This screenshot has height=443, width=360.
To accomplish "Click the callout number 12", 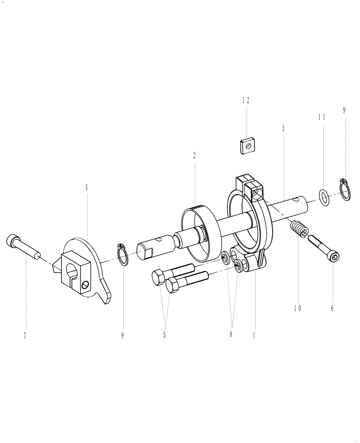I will click(x=246, y=101).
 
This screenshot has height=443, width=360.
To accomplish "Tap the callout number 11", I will click(x=321, y=117).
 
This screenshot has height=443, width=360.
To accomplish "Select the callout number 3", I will click(x=283, y=128).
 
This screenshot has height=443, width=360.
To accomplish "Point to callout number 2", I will click(x=194, y=155).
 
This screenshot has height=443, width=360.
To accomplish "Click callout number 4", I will click(x=86, y=187).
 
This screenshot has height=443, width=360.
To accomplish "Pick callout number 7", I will click(x=25, y=336).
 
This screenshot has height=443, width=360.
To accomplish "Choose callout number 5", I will click(x=164, y=335).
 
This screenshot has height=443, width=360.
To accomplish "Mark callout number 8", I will click(x=231, y=335).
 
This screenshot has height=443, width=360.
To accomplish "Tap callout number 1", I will click(x=254, y=336).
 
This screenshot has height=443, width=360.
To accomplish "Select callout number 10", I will click(x=297, y=308).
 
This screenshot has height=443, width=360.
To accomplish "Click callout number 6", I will click(x=332, y=308).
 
